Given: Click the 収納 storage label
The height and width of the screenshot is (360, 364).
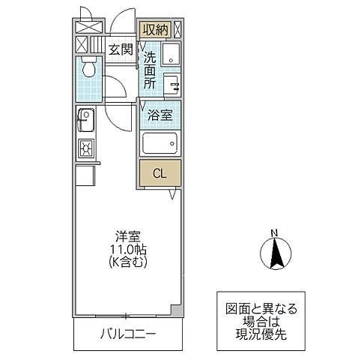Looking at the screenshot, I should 155,30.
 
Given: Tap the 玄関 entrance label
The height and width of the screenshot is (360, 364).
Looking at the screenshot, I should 120,50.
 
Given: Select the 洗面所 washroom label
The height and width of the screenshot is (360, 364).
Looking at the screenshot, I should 150,70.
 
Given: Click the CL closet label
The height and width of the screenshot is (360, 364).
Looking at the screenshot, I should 159,174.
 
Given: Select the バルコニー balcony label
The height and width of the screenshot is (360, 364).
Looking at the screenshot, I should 128,333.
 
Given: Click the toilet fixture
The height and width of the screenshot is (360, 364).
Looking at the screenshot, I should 88,70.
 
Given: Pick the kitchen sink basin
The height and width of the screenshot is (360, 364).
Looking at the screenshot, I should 84,118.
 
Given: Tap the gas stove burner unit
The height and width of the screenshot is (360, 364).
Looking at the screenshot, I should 84,147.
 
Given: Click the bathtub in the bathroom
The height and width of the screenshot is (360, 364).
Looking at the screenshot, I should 160,142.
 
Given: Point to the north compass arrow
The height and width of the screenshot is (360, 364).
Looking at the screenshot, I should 274,252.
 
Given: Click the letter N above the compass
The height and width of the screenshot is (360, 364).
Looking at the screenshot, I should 274,232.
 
